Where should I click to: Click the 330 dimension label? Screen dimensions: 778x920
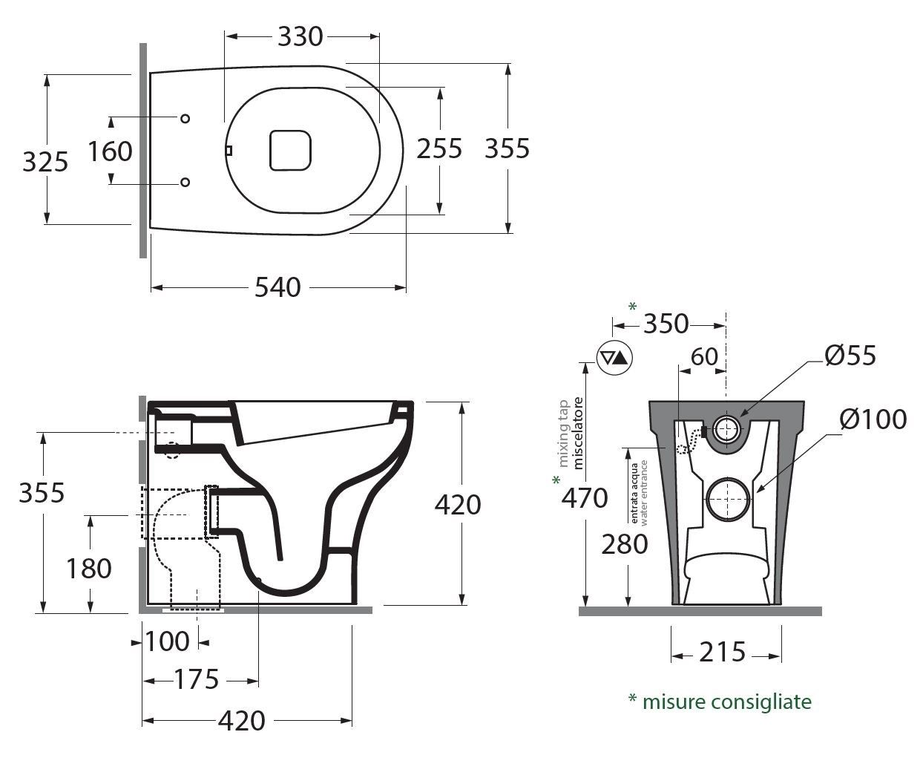(300, 36)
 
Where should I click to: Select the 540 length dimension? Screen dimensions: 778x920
(277, 287)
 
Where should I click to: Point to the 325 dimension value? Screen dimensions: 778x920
(45, 161)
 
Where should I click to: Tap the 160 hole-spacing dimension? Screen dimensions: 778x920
(110, 151)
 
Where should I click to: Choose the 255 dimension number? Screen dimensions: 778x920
(439, 148)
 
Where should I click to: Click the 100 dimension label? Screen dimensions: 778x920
(168, 641)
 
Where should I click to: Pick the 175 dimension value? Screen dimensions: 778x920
(197, 679)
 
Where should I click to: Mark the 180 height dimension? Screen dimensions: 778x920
(89, 569)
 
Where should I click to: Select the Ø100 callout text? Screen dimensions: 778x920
(873, 419)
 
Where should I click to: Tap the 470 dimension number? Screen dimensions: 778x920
(585, 498)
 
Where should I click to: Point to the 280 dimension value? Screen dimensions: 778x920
(625, 544)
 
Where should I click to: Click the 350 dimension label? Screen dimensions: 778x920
(666, 324)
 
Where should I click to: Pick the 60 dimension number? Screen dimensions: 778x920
(704, 356)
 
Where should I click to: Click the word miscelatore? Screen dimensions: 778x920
(579, 432)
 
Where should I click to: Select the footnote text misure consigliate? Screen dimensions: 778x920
(726, 702)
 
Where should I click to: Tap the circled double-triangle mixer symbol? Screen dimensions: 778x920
(615, 358)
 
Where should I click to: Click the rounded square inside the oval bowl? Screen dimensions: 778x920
(289, 149)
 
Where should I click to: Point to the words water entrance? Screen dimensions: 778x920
(644, 493)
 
